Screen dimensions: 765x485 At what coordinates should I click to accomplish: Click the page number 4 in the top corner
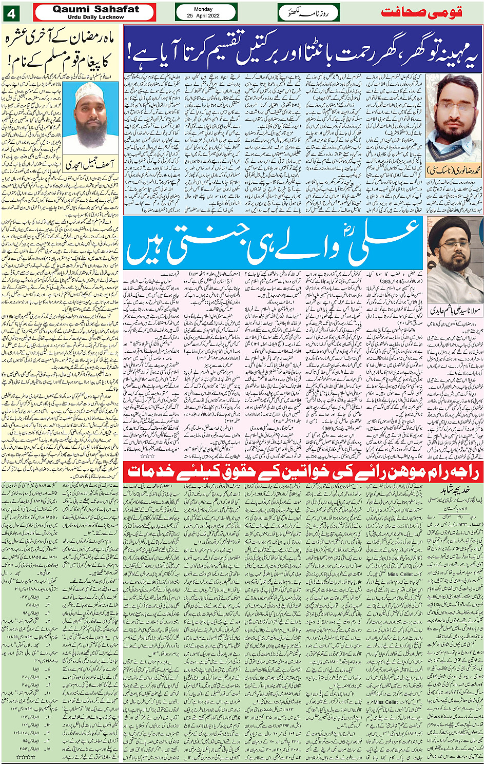[11, 12]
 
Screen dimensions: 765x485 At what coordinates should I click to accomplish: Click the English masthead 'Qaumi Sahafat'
[95, 9]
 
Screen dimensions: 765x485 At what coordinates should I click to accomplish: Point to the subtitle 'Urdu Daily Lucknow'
[95, 17]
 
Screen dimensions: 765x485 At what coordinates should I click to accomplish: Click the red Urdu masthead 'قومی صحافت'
[422, 12]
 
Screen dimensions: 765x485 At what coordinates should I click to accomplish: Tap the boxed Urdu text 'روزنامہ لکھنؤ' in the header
[308, 12]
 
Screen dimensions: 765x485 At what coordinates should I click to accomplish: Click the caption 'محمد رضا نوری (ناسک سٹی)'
[454, 169]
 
